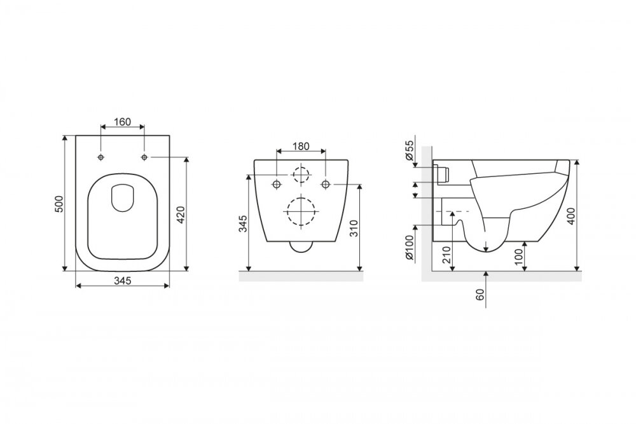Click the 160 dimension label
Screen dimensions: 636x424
pos(122,122)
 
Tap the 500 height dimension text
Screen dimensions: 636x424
pos(59,204)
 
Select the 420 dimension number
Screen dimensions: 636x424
pos(181,215)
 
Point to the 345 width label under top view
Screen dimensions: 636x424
pos(123,280)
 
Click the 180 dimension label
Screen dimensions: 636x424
pos(301,146)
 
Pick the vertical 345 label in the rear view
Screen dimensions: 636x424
pos(242,224)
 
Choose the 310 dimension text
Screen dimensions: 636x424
pos(354,229)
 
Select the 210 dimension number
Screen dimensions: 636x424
pos(446,255)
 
